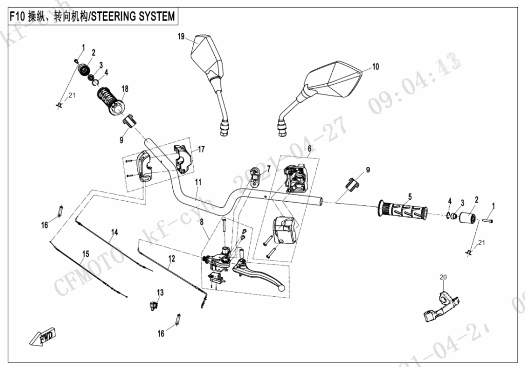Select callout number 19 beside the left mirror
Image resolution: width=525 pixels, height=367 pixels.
(181, 36)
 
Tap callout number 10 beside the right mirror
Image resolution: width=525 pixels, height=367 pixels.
(375, 66)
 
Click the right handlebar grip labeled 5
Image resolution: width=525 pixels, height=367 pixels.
(402, 210)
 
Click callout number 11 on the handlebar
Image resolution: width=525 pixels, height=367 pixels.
(198, 182)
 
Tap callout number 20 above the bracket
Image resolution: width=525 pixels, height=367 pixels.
(443, 278)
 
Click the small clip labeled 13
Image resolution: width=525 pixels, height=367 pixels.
(153, 304)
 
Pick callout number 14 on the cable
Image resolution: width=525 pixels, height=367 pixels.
(115, 233)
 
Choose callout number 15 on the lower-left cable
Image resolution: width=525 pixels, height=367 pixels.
(86, 253)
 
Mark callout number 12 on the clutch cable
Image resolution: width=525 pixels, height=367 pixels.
(171, 259)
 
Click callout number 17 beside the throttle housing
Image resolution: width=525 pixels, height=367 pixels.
(201, 149)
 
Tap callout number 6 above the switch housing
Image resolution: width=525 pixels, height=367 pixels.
(309, 148)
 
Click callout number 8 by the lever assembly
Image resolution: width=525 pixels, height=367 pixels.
(201, 222)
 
